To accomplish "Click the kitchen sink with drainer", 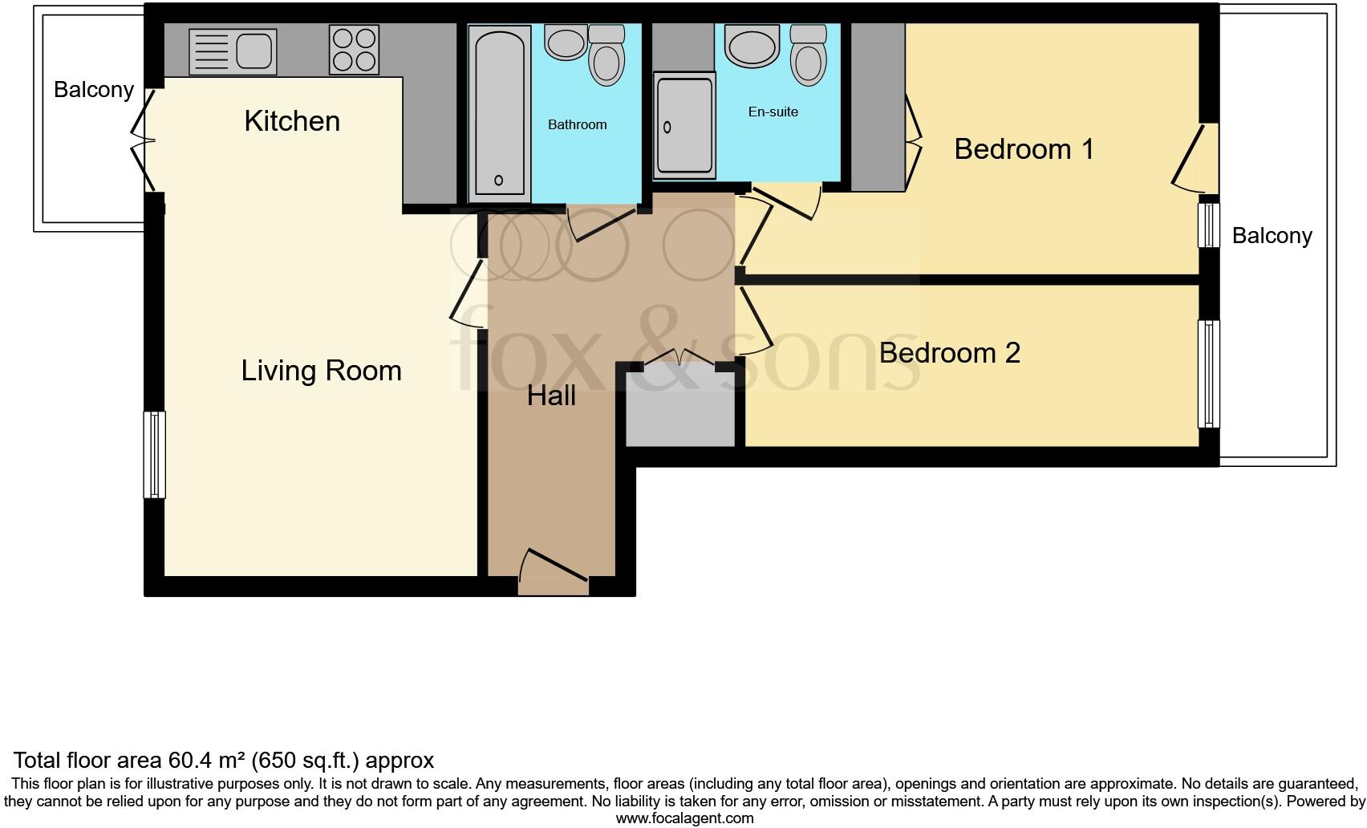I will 233,51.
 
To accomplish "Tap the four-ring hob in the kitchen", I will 354,50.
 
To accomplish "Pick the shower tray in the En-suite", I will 683,124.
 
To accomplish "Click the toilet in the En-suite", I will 807,56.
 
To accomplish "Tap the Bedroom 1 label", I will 1024,149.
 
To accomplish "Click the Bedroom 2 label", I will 949,353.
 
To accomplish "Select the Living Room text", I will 321,371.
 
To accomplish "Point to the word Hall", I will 551,396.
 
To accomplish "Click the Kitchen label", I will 292,121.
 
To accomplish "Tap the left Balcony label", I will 94,90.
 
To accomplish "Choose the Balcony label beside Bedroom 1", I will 1272,236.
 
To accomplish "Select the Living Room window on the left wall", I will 154,455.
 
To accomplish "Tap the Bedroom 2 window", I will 1208,374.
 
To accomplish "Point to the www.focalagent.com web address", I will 684,818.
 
